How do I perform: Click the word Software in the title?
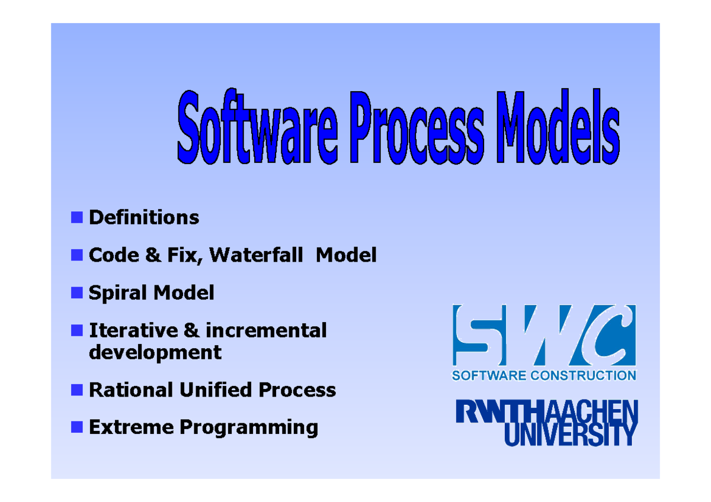[x=257, y=128]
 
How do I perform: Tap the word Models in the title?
[x=559, y=128]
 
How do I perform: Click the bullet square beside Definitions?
[x=76, y=217]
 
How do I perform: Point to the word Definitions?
[x=144, y=217]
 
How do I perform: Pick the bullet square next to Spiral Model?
[x=76, y=292]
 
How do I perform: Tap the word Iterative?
[x=133, y=330]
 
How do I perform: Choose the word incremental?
[x=266, y=330]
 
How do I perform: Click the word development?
[x=155, y=352]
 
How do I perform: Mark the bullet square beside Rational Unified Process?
[x=76, y=390]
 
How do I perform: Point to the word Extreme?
[x=131, y=427]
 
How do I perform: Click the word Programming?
[x=249, y=427]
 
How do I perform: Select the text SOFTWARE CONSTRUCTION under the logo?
[x=544, y=375]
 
